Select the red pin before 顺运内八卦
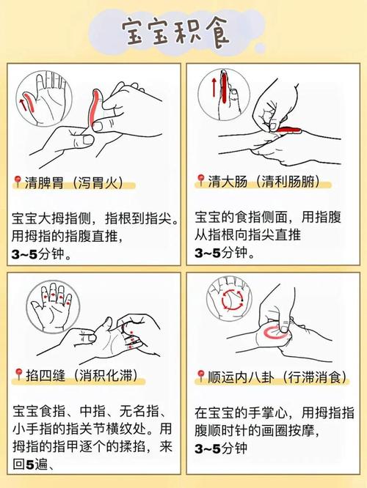199,376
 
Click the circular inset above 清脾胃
41,96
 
